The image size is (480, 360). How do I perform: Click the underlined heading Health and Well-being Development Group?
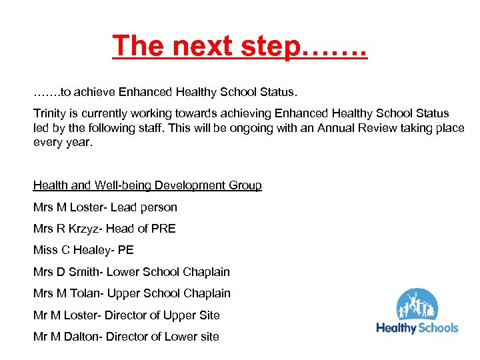[x=147, y=185]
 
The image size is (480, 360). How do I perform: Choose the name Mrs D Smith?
[x=66, y=272]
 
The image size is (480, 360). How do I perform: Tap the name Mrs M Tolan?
[x=67, y=293]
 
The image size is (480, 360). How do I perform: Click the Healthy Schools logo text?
[x=417, y=327]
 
